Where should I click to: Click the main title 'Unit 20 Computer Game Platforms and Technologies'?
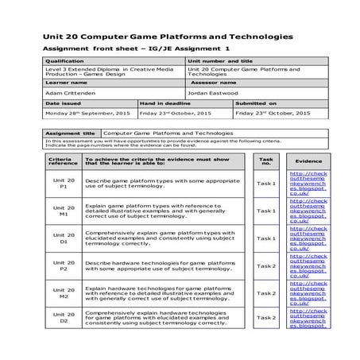coord(168,37)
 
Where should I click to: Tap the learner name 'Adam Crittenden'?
coord(72,92)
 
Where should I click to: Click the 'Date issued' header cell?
coord(64,103)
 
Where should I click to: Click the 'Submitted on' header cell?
coord(256,103)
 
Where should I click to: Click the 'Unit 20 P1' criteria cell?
coord(64,184)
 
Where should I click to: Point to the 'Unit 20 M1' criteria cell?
coord(64,211)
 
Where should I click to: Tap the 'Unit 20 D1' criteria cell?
coord(64,238)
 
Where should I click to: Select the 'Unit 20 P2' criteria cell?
coord(64,265)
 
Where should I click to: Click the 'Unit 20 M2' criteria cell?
coord(64,292)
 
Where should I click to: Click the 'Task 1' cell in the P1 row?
coord(265,184)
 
